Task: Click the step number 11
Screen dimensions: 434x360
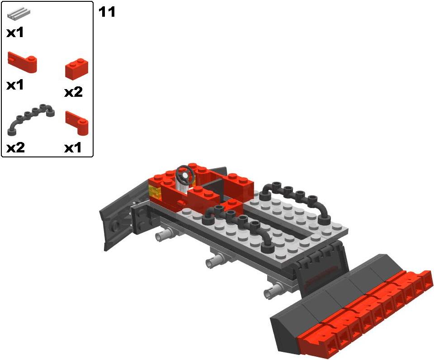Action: [107, 12]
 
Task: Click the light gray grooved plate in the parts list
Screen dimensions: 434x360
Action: [19, 14]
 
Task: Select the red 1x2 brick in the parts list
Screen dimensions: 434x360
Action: [77, 69]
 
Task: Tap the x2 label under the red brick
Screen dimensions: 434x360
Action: [73, 92]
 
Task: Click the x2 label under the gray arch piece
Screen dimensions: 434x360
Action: [15, 147]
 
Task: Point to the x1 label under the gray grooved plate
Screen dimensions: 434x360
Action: [15, 33]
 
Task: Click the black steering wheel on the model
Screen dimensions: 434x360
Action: [185, 174]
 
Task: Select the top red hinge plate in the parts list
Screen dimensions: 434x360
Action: [22, 62]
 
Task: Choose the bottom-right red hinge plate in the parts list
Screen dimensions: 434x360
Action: [77, 123]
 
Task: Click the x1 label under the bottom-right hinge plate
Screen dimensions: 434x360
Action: [73, 148]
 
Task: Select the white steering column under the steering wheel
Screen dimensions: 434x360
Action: [183, 185]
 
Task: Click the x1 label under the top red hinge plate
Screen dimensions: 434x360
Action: [15, 85]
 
